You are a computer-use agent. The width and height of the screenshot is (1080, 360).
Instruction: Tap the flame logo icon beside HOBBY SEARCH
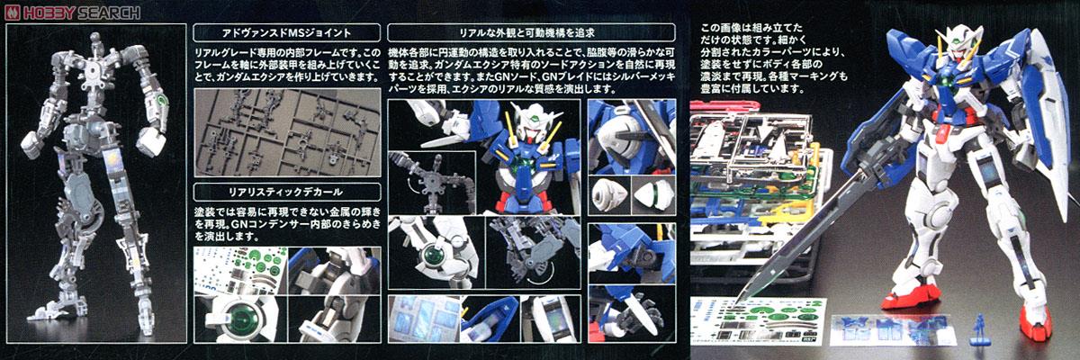pos(10,12)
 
